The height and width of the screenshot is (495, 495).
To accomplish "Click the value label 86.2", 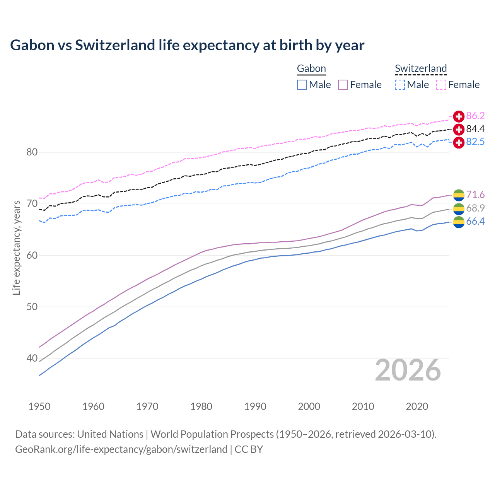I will [x=475, y=116].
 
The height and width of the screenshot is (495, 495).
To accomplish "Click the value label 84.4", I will [x=475, y=129].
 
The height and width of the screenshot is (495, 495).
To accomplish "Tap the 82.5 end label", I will [x=475, y=142].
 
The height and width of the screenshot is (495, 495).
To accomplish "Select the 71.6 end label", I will [x=475, y=195].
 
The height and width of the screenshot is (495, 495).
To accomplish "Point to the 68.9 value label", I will [x=475, y=208].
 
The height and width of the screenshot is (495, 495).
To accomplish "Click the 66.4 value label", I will [x=475, y=221].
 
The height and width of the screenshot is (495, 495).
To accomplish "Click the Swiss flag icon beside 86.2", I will [x=459, y=116].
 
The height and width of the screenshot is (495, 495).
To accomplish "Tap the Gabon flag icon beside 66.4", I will [x=459, y=222].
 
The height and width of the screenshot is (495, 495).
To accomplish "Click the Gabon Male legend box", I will [x=302, y=85].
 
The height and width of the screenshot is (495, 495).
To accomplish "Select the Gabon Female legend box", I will [x=343, y=85].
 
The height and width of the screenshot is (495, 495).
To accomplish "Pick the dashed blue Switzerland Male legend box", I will [x=400, y=85].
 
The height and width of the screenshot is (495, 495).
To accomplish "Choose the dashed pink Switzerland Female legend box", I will [x=441, y=85].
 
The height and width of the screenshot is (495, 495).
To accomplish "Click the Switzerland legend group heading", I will [x=421, y=68].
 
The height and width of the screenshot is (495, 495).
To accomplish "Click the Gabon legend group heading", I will [x=311, y=68].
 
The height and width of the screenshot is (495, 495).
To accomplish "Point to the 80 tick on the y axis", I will [x=32, y=152].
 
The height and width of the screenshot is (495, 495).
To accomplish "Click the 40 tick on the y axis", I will [x=32, y=358].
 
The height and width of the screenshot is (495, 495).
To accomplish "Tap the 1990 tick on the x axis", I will [x=255, y=406].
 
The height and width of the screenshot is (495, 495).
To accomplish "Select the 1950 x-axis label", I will [x=39, y=406].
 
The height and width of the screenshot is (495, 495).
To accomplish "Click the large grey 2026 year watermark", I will [x=408, y=370].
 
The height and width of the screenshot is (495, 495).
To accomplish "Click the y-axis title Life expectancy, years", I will [x=16, y=247].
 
